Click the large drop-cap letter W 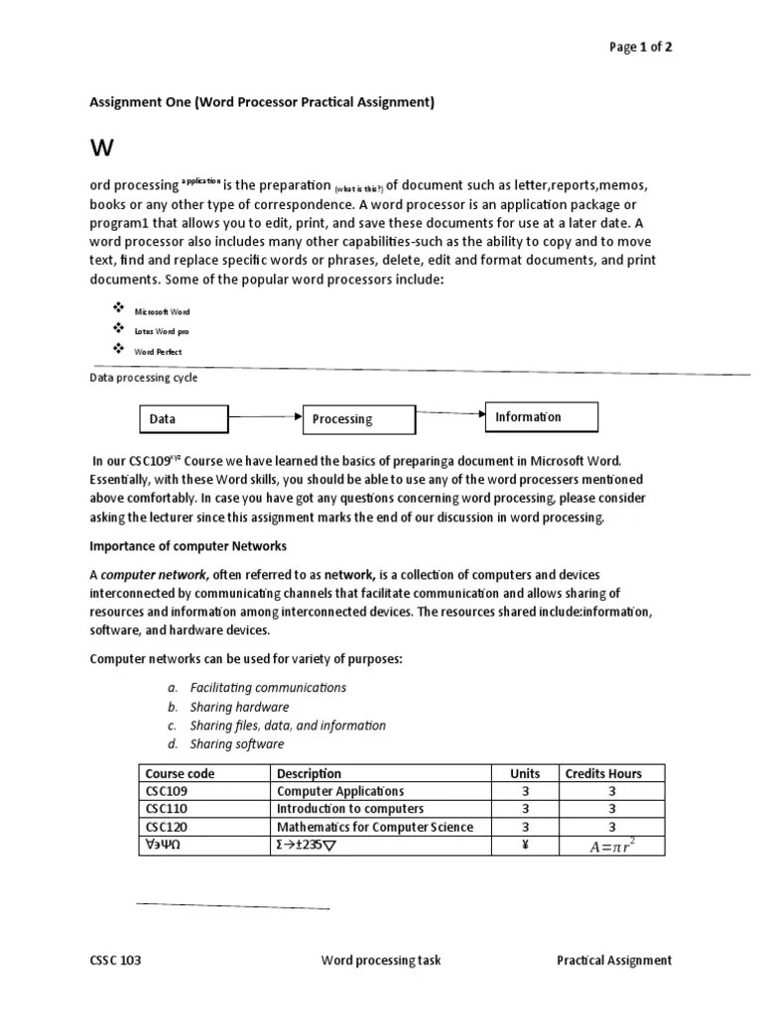[102, 149]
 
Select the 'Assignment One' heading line [262, 102]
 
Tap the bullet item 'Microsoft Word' [162, 311]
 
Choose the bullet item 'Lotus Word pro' [162, 331]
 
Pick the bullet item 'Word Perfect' [158, 351]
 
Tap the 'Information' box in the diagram [541, 417]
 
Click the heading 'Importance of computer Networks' [188, 546]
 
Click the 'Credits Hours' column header [602, 773]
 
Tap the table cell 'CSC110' [167, 809]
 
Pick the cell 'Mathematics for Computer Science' [375, 827]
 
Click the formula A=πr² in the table [612, 846]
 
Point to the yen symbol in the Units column [525, 845]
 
